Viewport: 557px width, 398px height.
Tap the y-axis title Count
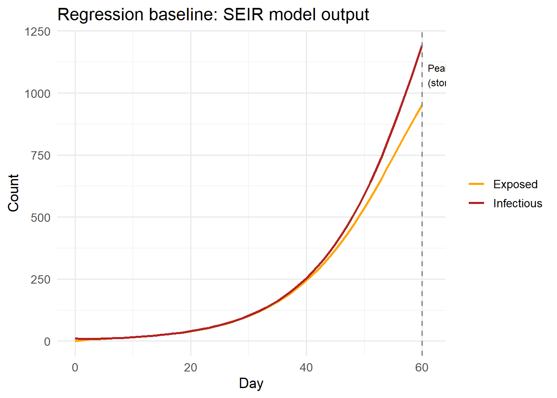[x=13, y=193]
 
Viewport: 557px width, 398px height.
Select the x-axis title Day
[x=251, y=383]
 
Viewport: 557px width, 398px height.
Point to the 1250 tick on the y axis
[x=37, y=32]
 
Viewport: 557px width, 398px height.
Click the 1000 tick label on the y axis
[x=37, y=94]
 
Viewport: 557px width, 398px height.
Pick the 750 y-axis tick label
[x=41, y=155]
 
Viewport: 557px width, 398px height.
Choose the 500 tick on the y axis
[x=41, y=218]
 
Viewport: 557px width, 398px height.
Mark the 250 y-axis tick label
[x=41, y=279]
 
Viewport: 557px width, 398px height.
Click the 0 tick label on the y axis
[x=47, y=342]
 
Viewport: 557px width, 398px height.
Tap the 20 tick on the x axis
[x=191, y=367]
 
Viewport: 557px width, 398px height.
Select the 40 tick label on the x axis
[x=306, y=367]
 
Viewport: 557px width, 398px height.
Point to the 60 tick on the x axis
[x=422, y=367]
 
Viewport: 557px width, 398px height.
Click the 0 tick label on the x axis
[x=75, y=367]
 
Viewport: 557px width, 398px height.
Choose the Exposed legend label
[x=515, y=184]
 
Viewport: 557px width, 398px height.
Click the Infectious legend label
[x=518, y=203]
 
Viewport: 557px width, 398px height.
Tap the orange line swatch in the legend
[x=477, y=184]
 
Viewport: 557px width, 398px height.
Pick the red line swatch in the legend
[x=477, y=203]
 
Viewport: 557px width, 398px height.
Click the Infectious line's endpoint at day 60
[x=422, y=45]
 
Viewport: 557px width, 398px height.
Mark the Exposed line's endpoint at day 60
[x=422, y=105]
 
